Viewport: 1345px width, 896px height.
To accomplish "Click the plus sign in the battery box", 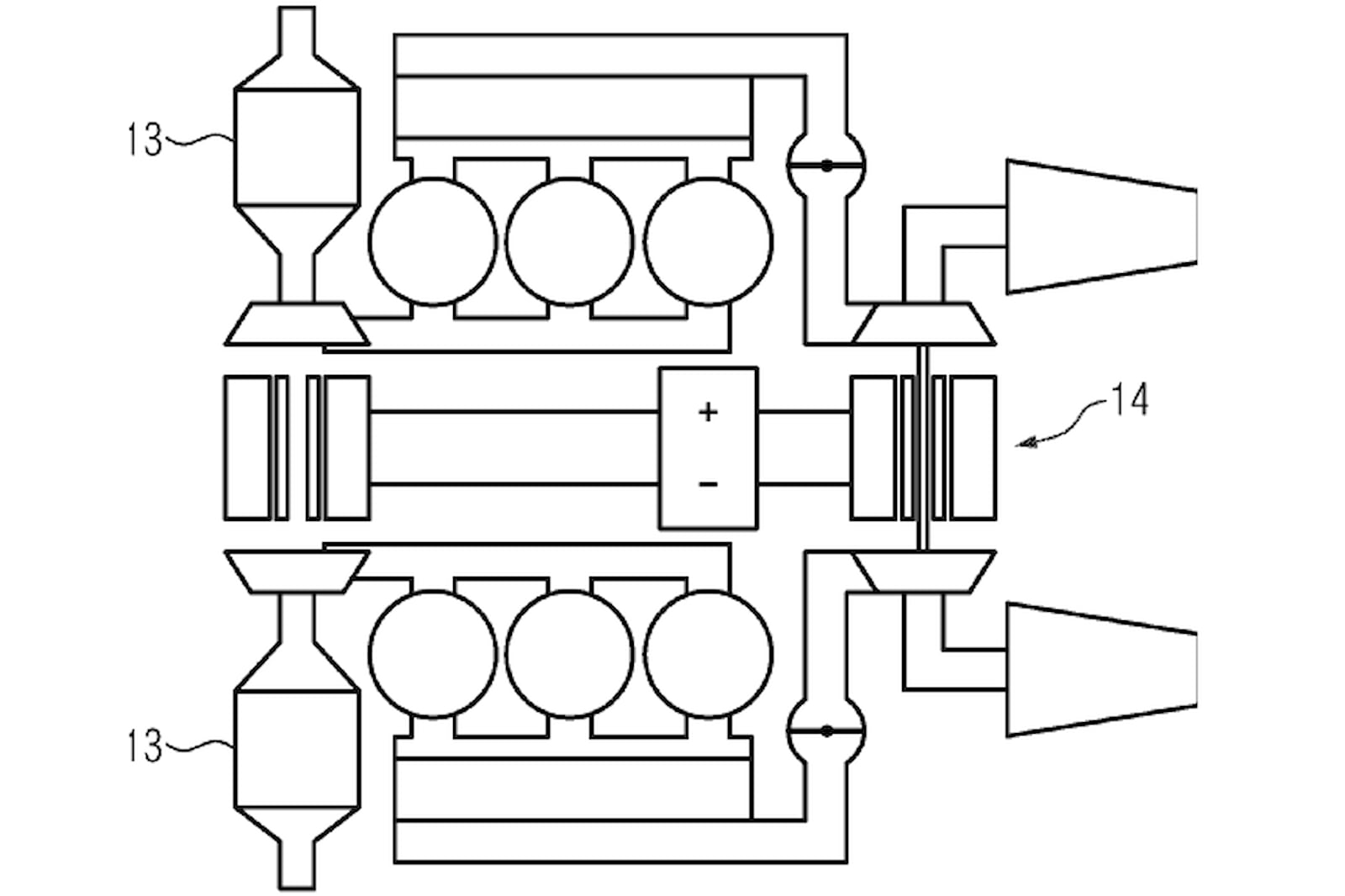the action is [x=709, y=413].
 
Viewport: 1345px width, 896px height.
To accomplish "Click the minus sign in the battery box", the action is [x=709, y=484].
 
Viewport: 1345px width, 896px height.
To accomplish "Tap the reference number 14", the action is [x=1130, y=399].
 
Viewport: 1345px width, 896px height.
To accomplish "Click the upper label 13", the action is [x=145, y=140].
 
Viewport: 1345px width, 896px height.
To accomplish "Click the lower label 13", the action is [x=145, y=746].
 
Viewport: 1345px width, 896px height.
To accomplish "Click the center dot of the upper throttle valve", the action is [x=827, y=166].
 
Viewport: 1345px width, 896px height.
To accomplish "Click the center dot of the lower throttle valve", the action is [x=827, y=731].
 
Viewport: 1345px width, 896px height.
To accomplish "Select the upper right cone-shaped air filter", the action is [x=1101, y=226].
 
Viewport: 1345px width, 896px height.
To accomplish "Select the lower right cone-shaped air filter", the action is [x=1101, y=670].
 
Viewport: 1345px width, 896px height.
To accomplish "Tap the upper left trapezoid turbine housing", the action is [x=298, y=324].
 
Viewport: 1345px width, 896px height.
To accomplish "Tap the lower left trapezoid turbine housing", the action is [x=298, y=572].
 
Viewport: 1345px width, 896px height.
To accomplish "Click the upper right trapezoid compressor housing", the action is [x=924, y=324].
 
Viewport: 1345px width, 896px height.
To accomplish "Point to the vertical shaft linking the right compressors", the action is [x=924, y=448].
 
